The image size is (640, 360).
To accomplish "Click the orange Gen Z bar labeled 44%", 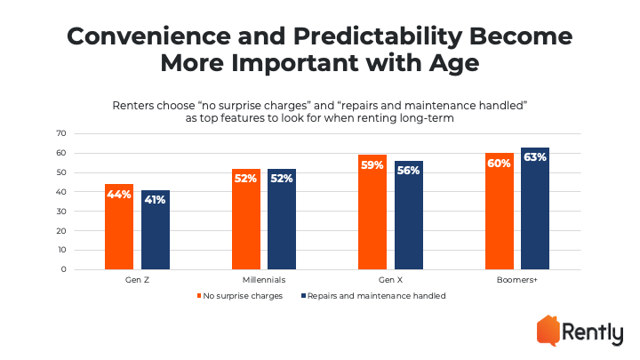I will click(119, 227).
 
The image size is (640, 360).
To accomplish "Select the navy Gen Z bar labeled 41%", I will click(156, 229).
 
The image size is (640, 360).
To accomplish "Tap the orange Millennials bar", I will click(246, 219).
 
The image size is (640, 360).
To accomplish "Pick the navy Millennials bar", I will click(282, 219).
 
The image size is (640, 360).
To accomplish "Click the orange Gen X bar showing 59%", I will click(372, 212).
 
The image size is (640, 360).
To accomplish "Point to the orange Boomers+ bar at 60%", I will click(500, 211).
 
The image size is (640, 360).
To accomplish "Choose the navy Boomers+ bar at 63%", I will click(535, 208).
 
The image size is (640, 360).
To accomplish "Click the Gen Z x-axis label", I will click(137, 280).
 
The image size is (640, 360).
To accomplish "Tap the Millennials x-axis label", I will click(264, 280).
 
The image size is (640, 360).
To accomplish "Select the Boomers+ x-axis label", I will click(517, 280).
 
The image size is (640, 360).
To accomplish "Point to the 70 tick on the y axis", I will click(61, 133).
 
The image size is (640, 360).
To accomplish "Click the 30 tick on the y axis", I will click(61, 211).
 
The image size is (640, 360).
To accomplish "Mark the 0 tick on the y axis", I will click(64, 269).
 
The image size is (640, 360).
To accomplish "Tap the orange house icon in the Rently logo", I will click(548, 330).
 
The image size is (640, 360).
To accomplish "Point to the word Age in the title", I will click(454, 64).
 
